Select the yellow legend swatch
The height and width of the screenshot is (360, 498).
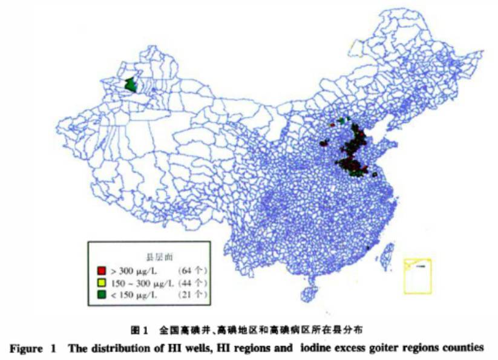pos(102,282)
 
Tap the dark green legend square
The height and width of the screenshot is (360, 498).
pos(102,295)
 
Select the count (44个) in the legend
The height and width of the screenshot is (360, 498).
pos(193,282)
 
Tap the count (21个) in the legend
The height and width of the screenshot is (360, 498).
pos(193,295)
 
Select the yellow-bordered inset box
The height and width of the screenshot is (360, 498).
pos(417,275)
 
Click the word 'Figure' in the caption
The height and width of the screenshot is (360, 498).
pos(26,348)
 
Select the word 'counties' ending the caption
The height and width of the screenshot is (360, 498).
pos(464,348)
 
